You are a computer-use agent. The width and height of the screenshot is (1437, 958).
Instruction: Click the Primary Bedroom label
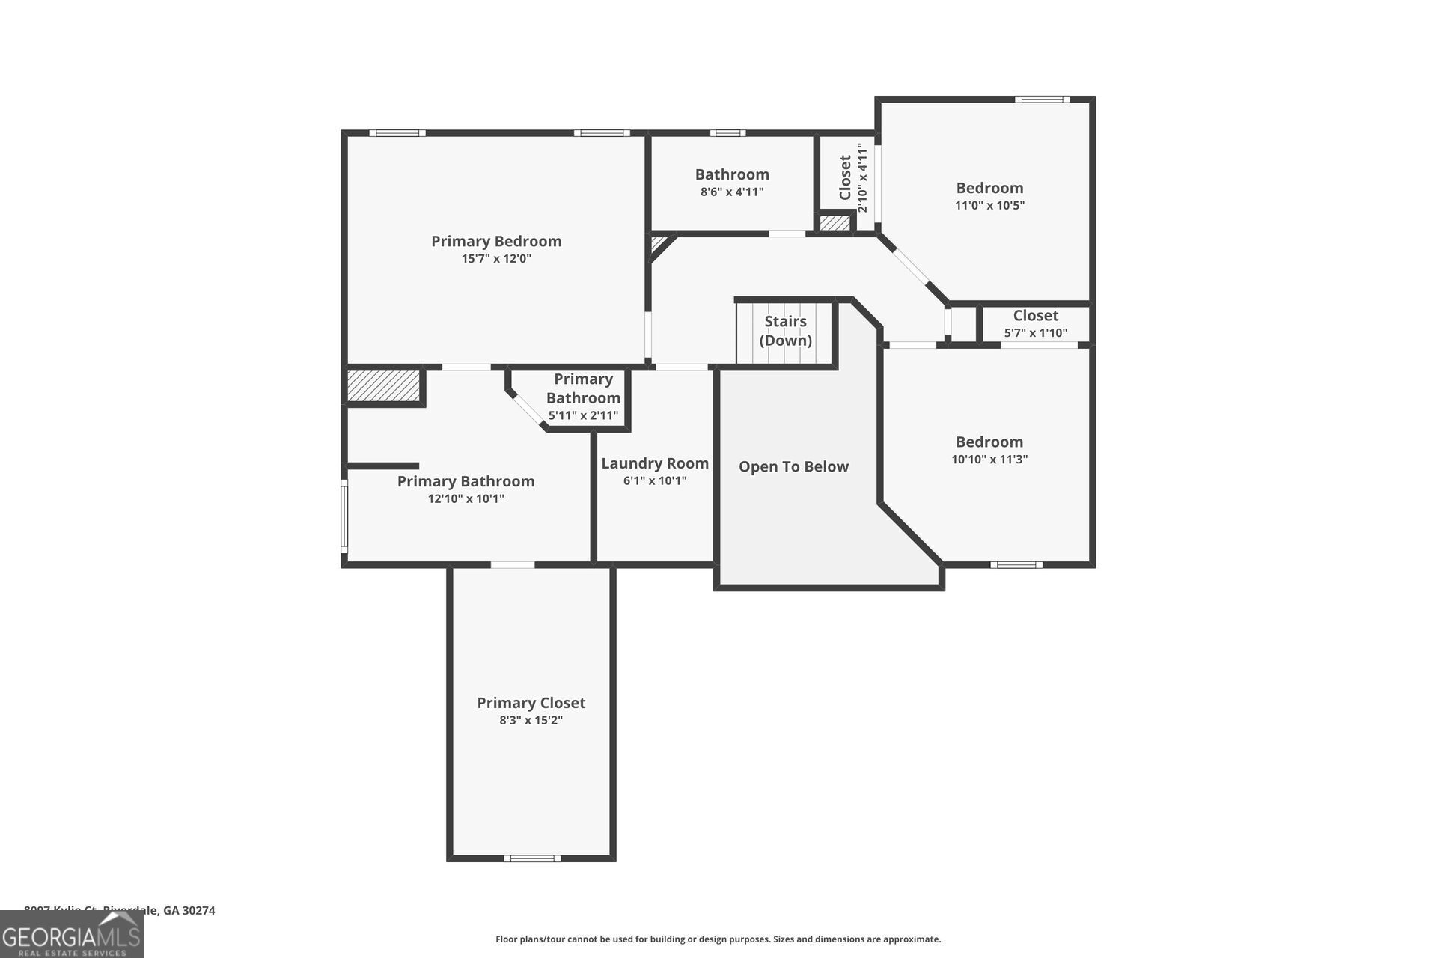[496, 241]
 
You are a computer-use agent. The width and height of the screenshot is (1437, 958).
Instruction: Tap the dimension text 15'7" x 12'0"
[496, 259]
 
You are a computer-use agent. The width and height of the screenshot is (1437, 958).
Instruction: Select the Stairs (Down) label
[785, 331]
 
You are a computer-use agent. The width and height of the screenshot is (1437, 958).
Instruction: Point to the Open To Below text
[793, 466]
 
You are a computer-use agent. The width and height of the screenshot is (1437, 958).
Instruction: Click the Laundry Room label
[655, 463]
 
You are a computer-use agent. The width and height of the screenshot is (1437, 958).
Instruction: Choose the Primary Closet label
[531, 703]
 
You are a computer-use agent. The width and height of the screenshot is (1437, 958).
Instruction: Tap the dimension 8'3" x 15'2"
[531, 721]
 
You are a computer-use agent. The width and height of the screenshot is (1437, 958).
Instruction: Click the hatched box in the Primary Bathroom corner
[383, 385]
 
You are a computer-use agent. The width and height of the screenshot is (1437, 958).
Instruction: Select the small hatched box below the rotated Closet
[835, 223]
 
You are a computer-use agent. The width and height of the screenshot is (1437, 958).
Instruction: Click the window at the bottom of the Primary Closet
[531, 858]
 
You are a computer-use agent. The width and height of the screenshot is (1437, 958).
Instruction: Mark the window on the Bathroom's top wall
[727, 133]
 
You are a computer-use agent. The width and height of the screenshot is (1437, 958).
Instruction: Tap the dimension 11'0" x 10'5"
[989, 205]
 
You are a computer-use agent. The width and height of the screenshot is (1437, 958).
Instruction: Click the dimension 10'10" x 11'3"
[989, 460]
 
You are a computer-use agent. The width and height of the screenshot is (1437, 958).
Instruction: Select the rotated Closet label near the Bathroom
[846, 177]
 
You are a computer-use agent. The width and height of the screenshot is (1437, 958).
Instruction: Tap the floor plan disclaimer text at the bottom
[718, 939]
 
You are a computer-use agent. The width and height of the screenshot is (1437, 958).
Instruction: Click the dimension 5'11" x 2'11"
[583, 415]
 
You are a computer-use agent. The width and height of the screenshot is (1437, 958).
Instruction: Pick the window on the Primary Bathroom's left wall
[345, 516]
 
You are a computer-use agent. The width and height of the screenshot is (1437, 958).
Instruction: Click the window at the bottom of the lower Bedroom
[1016, 565]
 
